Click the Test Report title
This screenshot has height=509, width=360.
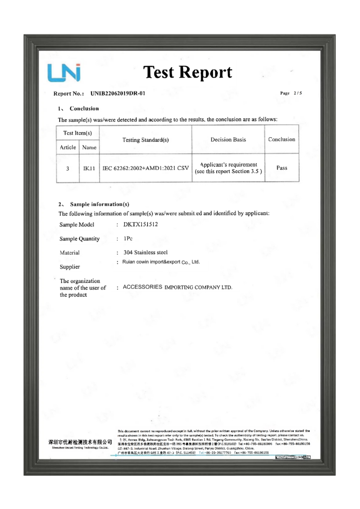click(x=187, y=73)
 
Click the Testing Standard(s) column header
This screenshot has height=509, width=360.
click(x=145, y=140)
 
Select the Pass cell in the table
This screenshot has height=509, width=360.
click(x=282, y=168)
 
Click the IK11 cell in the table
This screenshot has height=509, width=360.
click(x=90, y=169)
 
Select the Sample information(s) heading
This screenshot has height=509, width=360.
click(x=100, y=204)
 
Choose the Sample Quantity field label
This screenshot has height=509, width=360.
click(x=79, y=239)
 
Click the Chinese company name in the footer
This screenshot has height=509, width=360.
click(x=80, y=442)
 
